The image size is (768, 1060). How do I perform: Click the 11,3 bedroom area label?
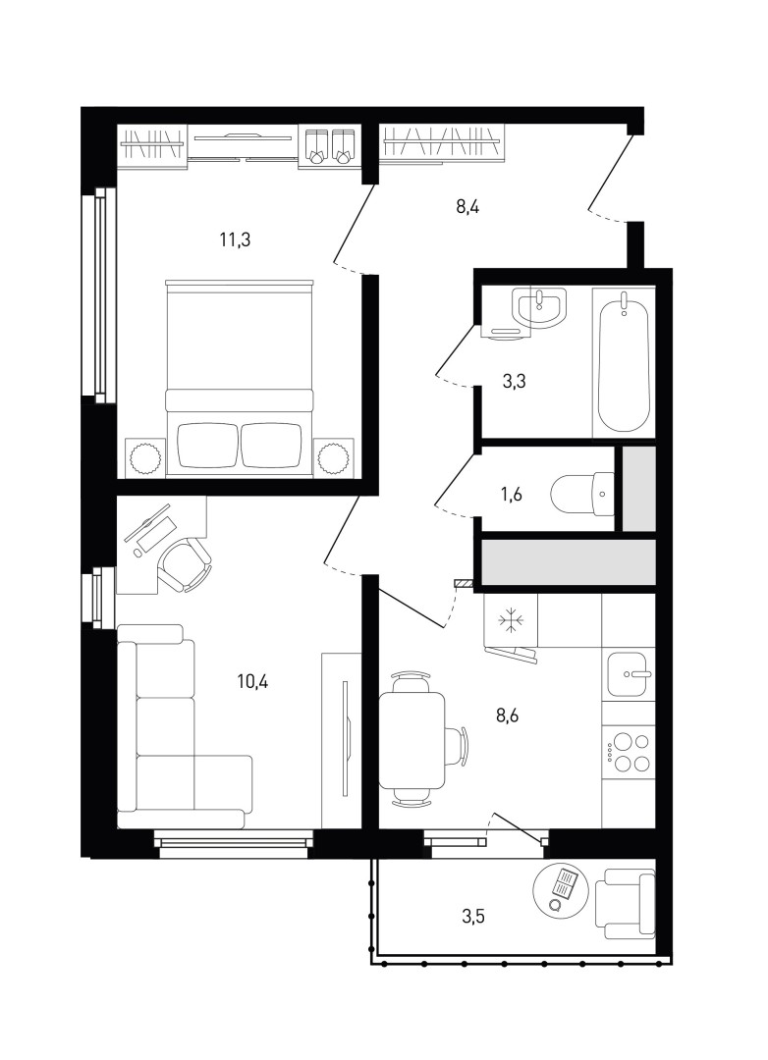tap(235, 239)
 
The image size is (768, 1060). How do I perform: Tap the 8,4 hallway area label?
tap(466, 206)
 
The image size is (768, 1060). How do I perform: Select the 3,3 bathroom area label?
tap(515, 382)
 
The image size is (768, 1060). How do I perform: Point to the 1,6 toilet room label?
tap(511, 495)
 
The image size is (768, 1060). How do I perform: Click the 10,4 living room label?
tap(252, 681)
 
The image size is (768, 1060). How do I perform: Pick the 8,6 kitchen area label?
tap(508, 716)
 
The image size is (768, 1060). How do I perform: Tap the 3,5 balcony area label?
tap(473, 917)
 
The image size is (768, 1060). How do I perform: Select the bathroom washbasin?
tap(539, 307)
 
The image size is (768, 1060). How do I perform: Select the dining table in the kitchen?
tap(412, 740)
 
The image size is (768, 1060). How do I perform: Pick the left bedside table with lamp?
tap(144, 457)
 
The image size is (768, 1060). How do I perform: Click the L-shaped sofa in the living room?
tap(184, 727)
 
